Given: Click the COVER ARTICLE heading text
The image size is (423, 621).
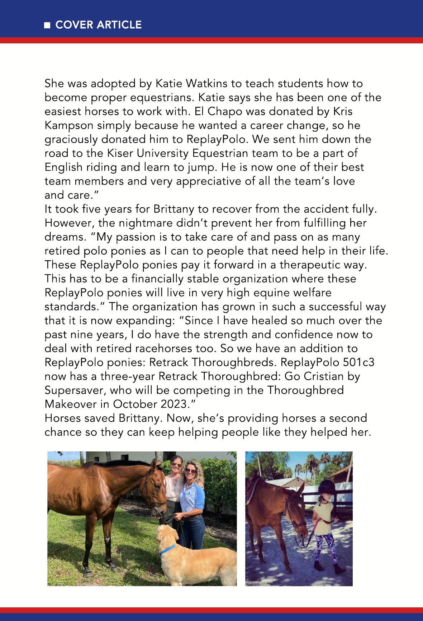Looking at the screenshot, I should pos(99,25).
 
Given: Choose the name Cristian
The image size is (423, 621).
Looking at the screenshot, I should pos(324,376).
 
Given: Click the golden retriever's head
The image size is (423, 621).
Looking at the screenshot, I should pos(167,534).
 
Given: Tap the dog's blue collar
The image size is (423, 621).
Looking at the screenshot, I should pos(167,549).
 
